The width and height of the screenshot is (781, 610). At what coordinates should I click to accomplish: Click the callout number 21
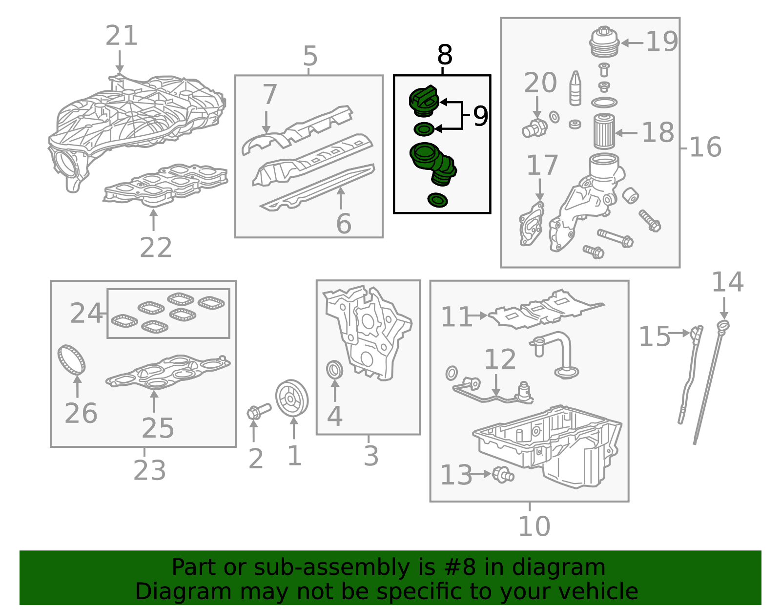pyautogui.click(x=122, y=36)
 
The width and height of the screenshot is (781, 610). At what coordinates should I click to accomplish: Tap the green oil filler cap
pyautogui.click(x=424, y=101)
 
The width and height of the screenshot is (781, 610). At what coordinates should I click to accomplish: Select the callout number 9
pyautogui.click(x=480, y=116)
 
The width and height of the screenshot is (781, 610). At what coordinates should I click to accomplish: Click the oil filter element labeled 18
pyautogui.click(x=604, y=131)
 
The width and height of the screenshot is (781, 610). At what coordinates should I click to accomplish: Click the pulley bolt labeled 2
pyautogui.click(x=258, y=411)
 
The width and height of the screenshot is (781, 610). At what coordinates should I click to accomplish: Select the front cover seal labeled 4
pyautogui.click(x=335, y=370)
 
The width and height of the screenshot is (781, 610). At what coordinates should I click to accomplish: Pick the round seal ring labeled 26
pyautogui.click(x=72, y=359)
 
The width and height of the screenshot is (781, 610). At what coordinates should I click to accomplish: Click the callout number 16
pyautogui.click(x=705, y=147)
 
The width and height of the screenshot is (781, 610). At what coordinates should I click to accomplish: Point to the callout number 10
pyautogui.click(x=534, y=526)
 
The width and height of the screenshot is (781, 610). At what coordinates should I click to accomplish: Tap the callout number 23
pyautogui.click(x=149, y=470)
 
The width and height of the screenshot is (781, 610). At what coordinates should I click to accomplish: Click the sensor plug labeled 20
pyautogui.click(x=535, y=128)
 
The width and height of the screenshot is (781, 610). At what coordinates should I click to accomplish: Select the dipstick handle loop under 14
pyautogui.click(x=723, y=326)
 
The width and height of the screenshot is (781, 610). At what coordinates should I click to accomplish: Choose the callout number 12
pyautogui.click(x=500, y=359)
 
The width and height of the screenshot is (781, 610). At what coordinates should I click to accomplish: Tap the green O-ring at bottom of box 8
pyautogui.click(x=437, y=200)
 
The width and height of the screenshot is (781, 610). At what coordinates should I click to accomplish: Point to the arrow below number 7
pyautogui.click(x=267, y=122)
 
